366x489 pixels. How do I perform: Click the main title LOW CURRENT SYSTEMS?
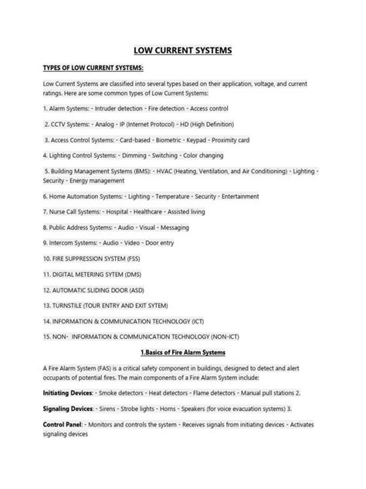coord(183,51)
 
